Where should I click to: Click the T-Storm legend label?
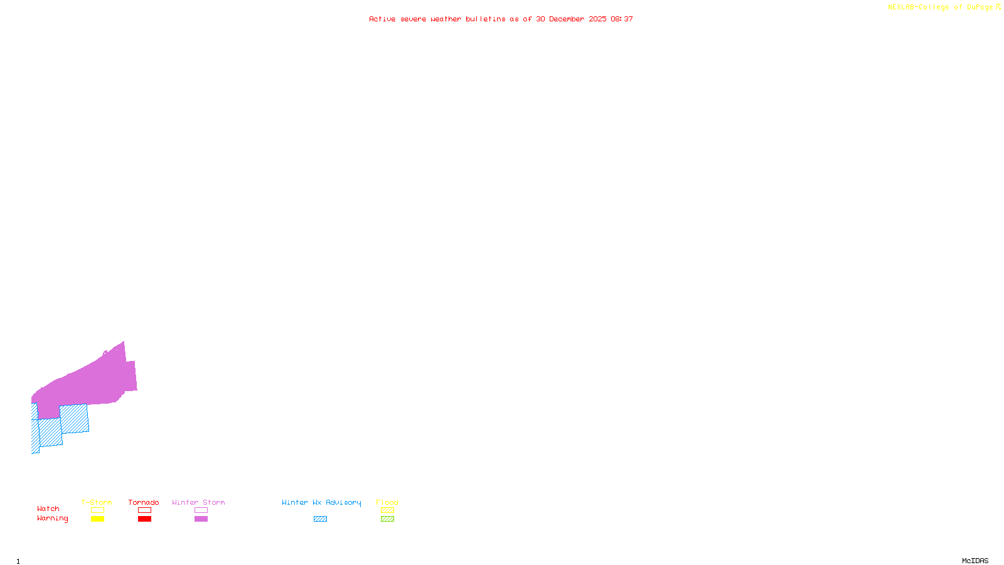pos(97,502)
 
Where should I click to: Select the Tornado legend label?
pos(144,502)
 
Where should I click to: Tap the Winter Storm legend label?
pos(198,502)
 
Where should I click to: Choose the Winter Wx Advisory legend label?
pos(321,502)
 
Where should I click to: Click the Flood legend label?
pos(387,502)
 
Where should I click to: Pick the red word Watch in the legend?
pos(48,508)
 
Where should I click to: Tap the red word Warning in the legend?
pos(53,519)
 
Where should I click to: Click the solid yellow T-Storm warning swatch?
pos(97,519)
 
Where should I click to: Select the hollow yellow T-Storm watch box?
pos(97,510)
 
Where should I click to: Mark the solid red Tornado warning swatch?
pos(144,519)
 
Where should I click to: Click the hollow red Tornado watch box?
pos(144,510)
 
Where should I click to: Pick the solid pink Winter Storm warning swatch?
pos(201,519)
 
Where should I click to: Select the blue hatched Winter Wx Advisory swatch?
pos(320,519)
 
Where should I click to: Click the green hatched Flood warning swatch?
pos(387,519)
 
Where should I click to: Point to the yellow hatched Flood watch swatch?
pos(387,510)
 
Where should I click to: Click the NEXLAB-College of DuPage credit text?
pos(941,8)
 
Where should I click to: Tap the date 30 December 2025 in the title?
pos(571,19)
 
